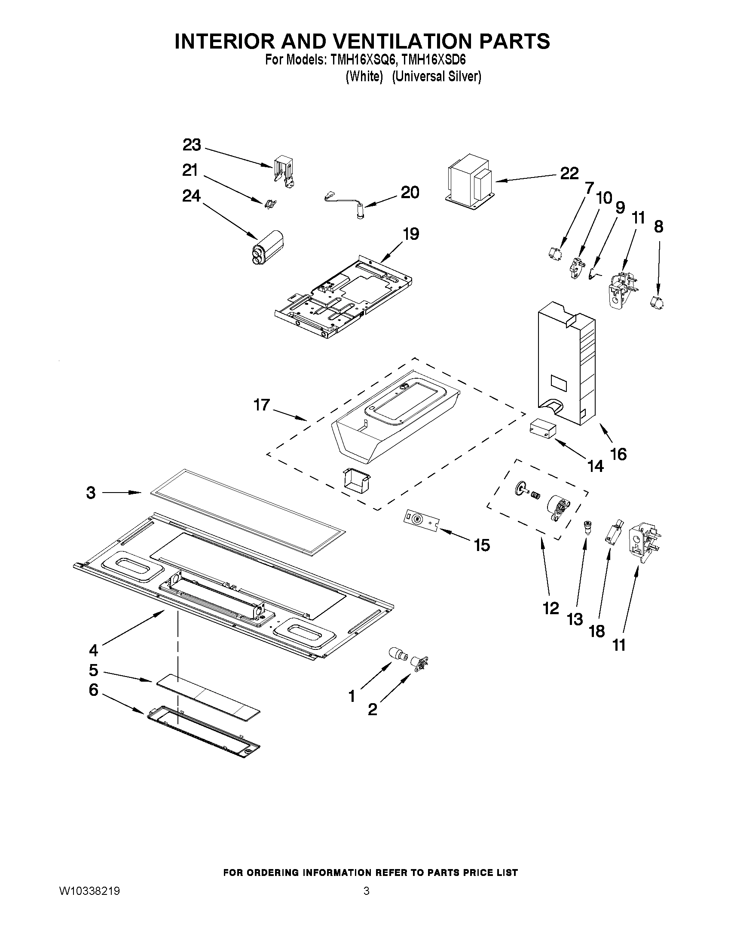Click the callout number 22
pos(569,174)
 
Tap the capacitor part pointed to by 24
pos(268,247)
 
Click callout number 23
pos(191,145)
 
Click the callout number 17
pos(262,405)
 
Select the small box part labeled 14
pos(542,429)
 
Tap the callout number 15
pos(482,545)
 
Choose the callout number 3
pos(91,493)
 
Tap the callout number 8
pos(658,227)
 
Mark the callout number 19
pos(410,234)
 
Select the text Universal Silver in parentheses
pos(437,77)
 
